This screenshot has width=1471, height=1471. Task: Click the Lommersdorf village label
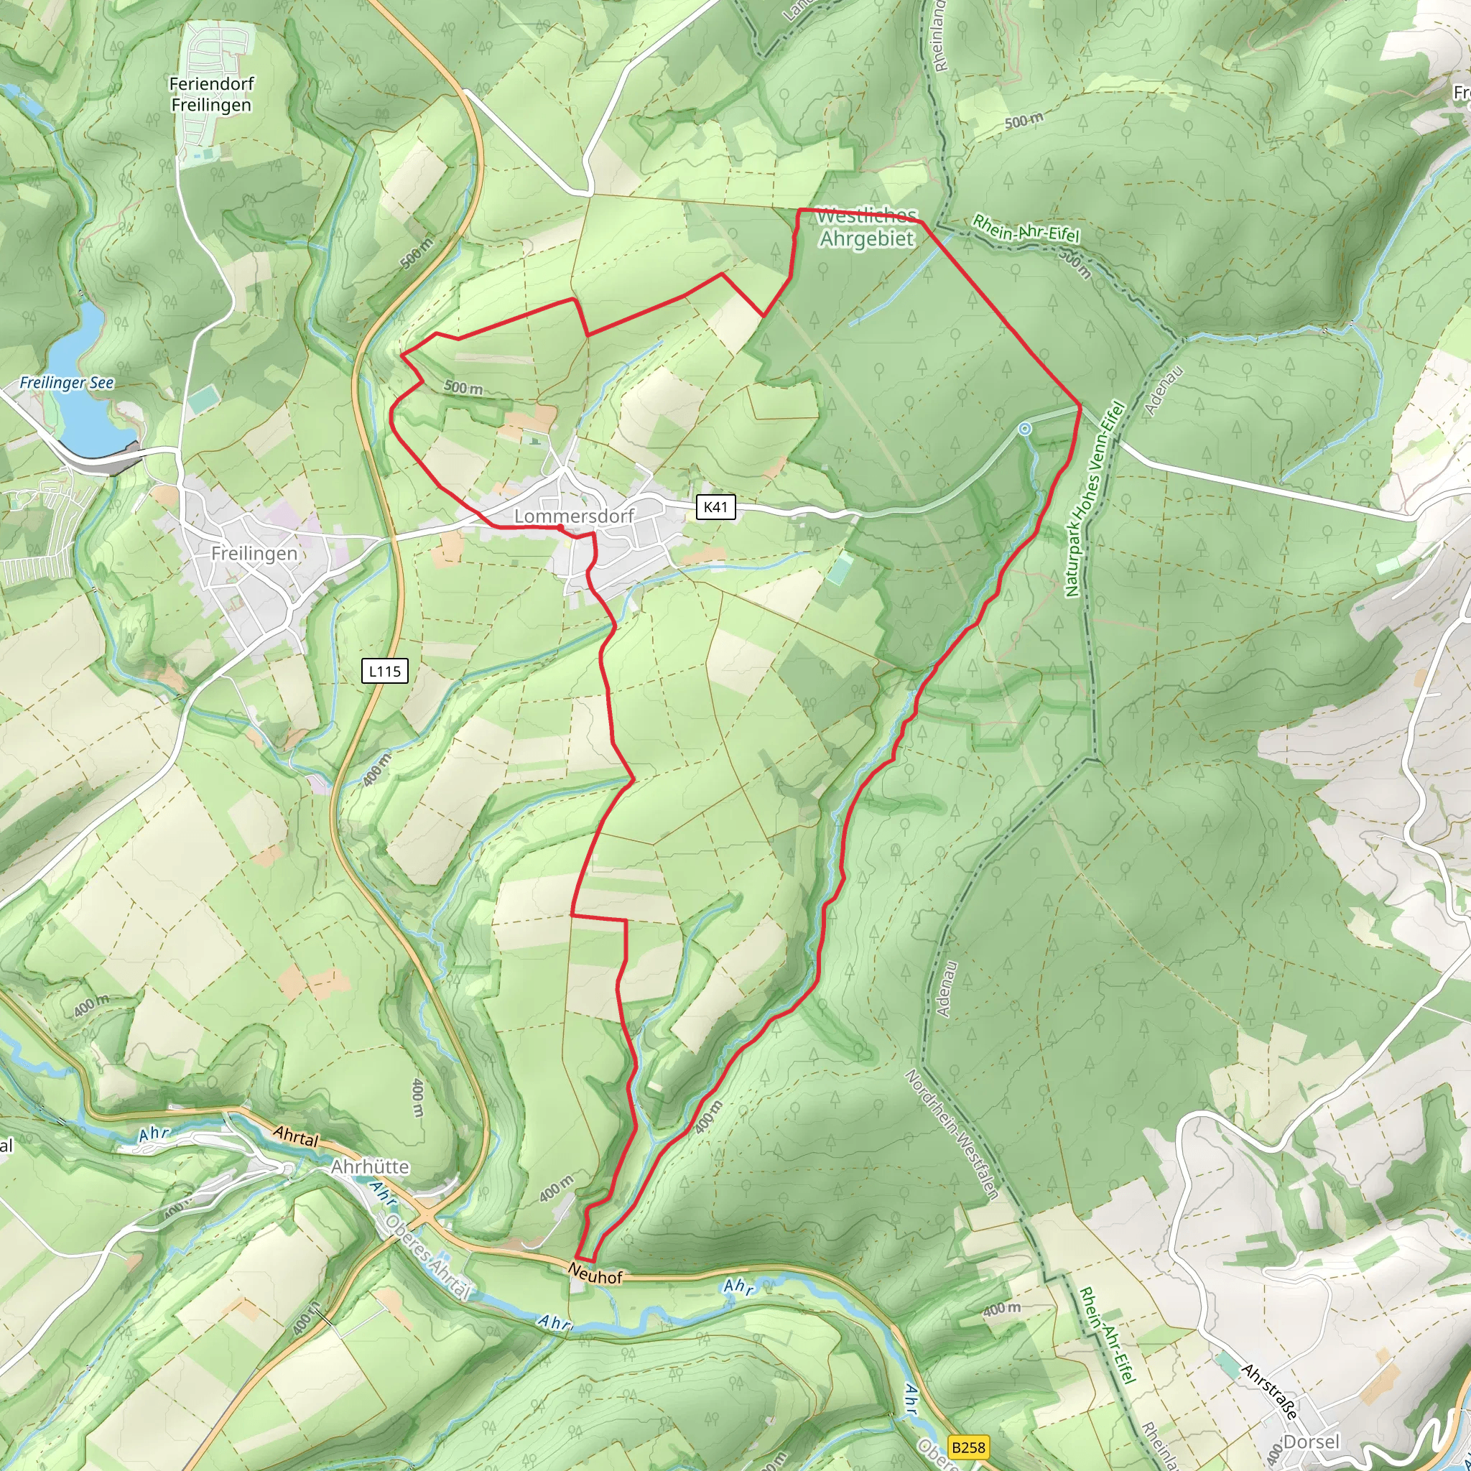(x=573, y=516)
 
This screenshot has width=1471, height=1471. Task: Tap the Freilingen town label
(x=254, y=554)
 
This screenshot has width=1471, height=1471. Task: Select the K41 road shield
(x=715, y=507)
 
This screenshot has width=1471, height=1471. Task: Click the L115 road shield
(x=384, y=671)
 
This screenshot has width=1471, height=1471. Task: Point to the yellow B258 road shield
(x=967, y=1447)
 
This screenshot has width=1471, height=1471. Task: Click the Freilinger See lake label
(x=66, y=383)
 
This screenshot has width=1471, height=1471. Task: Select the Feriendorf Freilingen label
(x=211, y=94)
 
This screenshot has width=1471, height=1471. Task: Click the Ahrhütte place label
(x=370, y=1166)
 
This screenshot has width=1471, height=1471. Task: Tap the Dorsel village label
(x=1310, y=1442)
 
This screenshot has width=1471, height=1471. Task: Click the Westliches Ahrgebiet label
(x=866, y=228)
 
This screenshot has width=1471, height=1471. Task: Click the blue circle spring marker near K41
(x=1025, y=430)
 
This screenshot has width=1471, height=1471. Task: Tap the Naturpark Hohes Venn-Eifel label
(x=1094, y=499)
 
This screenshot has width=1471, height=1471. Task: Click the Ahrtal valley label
(x=295, y=1138)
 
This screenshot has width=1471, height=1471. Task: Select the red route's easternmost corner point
(x=1080, y=407)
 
